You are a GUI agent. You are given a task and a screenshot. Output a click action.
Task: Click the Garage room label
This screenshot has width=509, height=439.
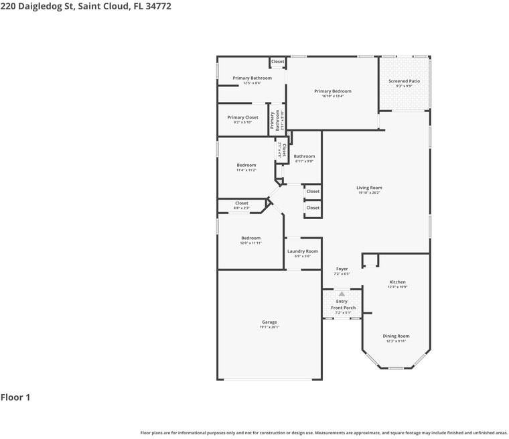coord(269,322)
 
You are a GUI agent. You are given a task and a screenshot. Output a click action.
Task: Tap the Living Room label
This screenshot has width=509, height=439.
coord(369,188)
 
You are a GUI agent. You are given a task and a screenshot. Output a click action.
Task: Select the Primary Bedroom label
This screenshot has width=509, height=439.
coord(333,91)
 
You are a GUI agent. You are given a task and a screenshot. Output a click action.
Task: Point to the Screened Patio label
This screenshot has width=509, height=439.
coord(404,81)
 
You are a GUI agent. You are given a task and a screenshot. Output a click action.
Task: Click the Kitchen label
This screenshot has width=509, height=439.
coord(397,282)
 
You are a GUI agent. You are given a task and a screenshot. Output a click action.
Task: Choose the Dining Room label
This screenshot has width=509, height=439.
coord(396,336)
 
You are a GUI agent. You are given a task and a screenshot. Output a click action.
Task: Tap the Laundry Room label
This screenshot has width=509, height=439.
coord(303,251)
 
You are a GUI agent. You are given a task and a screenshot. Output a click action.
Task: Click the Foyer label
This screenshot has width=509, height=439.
coord(342,269)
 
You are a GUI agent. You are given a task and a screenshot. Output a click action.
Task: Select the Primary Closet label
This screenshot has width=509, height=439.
coord(242,117)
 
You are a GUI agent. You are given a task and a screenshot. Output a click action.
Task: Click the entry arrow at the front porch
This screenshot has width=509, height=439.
coord(342,294)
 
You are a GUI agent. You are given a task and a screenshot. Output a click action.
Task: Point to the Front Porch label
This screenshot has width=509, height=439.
coord(343,308)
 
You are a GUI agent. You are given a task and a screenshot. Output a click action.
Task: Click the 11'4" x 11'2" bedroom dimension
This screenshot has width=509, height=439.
coord(246,170)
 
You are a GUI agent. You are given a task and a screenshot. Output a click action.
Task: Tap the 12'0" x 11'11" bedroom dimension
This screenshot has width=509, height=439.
coord(250,243)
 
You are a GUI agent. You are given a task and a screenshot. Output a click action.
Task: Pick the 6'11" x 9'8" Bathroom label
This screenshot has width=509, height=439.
coord(304,156)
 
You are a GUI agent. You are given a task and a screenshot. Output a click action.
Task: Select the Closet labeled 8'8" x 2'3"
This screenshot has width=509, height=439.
coord(241,203)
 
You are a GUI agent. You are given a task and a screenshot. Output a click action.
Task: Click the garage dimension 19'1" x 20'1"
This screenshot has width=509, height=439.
coord(269,327)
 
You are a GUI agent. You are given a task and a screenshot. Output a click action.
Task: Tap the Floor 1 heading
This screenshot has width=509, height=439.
coord(15,397)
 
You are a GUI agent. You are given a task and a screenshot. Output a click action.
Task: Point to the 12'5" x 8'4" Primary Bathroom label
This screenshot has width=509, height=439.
coord(252,78)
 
